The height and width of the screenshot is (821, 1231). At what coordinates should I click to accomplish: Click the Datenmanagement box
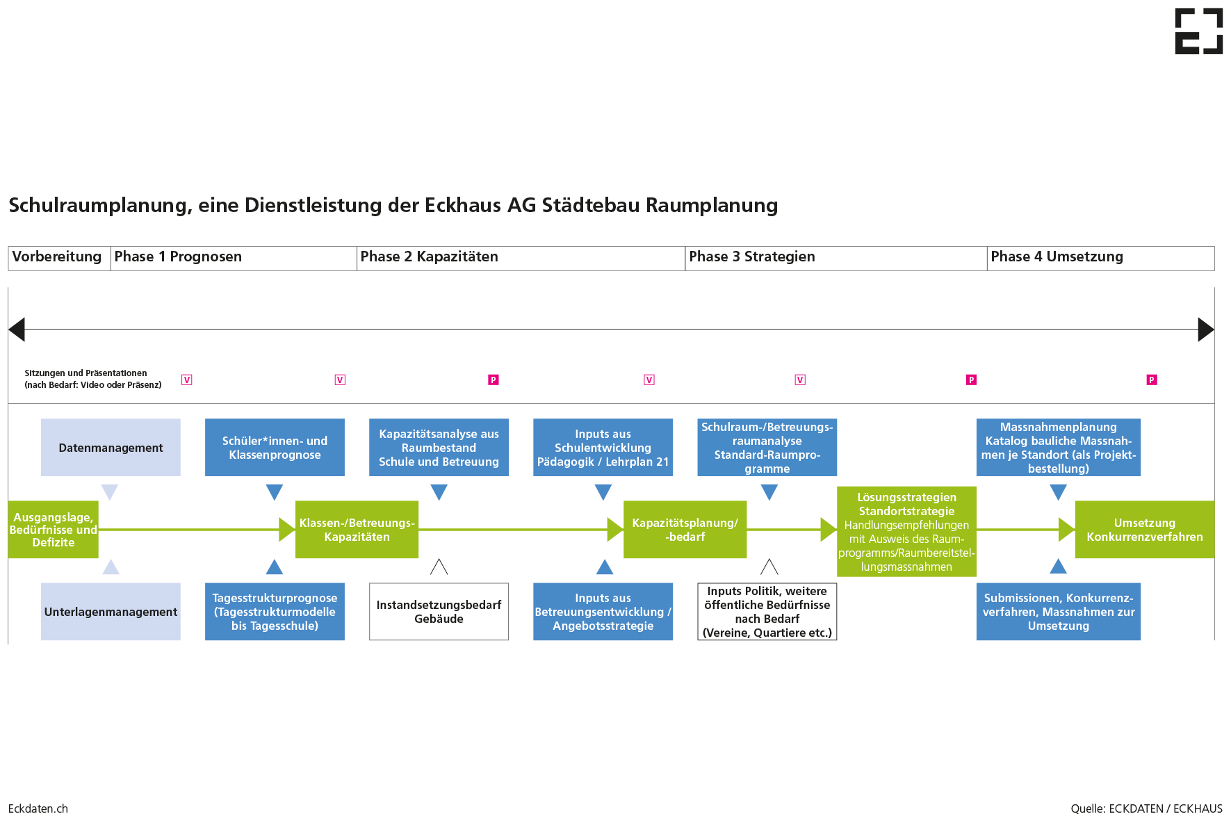coord(111,447)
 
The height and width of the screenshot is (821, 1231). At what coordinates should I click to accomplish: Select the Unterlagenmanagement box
coord(111,612)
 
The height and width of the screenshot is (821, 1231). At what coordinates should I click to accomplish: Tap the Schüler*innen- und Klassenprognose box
coord(275,447)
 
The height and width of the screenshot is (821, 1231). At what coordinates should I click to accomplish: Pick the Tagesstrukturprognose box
coord(275,612)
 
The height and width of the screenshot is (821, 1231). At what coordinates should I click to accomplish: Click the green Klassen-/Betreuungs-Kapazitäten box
coord(357,530)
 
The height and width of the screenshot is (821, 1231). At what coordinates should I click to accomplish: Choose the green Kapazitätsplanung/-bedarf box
coord(685,530)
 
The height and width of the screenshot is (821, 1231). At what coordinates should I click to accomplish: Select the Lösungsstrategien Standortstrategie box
coord(906,531)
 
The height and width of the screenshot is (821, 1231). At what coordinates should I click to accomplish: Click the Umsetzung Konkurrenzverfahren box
coord(1144,530)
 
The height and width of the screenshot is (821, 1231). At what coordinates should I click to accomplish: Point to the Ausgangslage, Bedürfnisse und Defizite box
coord(53,530)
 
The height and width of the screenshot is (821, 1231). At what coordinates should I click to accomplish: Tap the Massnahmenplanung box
coord(1058,447)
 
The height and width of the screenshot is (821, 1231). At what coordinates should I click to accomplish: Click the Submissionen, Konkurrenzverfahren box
coord(1058,612)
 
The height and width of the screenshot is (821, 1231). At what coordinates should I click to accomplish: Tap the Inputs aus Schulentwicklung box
coord(603,447)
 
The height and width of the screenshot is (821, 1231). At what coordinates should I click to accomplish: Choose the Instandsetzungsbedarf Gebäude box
coord(439,612)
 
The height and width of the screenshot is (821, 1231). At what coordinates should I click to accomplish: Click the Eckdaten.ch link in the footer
coord(38,808)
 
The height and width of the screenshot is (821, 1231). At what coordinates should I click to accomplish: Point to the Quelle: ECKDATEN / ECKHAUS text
coord(1146,808)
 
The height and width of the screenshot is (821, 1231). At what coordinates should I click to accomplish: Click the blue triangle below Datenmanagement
coord(110,492)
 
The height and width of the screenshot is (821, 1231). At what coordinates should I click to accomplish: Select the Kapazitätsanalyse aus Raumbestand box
coord(439,447)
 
